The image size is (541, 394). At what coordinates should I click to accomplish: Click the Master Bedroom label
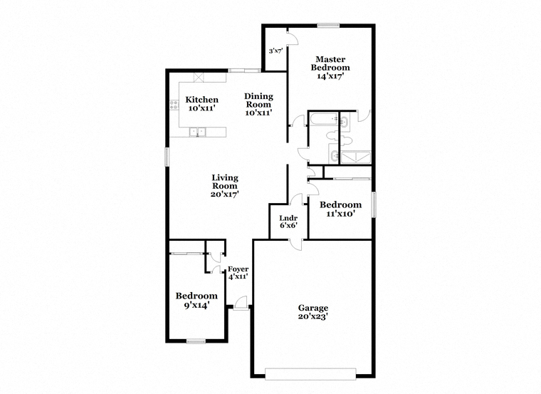click(x=330, y=63)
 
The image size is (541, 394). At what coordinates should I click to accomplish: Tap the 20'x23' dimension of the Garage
click(x=313, y=316)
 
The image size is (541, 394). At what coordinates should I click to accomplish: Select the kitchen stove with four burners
click(x=174, y=105)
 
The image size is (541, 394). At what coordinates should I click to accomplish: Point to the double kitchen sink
click(x=197, y=132)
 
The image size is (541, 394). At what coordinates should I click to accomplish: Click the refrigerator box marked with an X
click(x=199, y=77)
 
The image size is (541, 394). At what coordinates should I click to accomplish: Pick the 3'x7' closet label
click(x=276, y=51)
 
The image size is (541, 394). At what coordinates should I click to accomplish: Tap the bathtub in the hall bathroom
click(x=324, y=119)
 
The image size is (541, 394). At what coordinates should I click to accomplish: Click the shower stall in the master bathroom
click(x=355, y=157)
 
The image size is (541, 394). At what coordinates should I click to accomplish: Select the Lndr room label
click(x=288, y=218)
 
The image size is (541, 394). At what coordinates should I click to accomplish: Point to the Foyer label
click(x=238, y=269)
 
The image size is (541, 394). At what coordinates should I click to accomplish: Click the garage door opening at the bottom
click(x=310, y=374)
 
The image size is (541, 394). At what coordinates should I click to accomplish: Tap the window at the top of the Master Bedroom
click(x=328, y=25)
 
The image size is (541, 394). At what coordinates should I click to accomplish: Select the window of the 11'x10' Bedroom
click(x=373, y=204)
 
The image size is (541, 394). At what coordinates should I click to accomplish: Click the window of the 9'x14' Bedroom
click(x=196, y=341)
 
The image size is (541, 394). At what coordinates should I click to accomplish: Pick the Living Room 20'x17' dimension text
click(x=225, y=194)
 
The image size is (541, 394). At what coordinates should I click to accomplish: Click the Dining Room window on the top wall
click(x=244, y=71)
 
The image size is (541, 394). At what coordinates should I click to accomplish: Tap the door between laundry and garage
click(x=295, y=244)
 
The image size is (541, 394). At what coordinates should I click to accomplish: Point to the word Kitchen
click(x=202, y=100)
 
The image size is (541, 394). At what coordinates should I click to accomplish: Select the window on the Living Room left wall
click(x=167, y=157)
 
